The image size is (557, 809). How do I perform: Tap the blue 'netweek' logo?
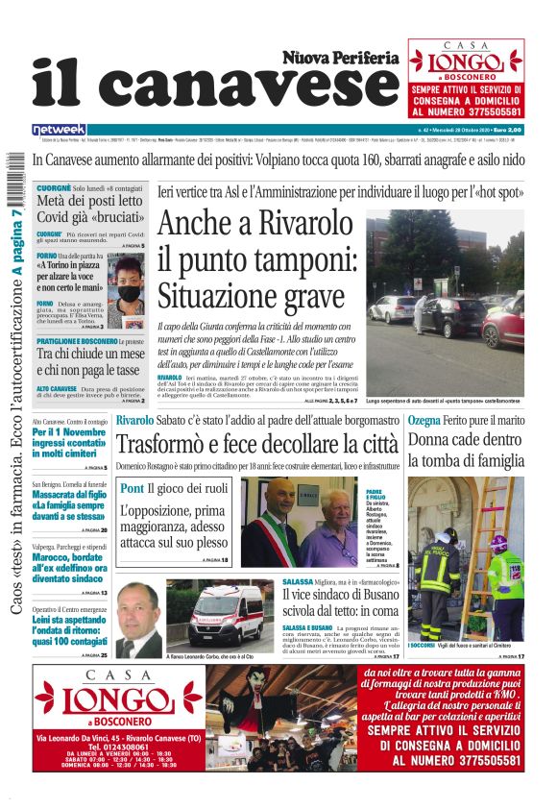(59, 129)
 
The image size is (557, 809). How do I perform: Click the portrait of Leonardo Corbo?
(139, 619)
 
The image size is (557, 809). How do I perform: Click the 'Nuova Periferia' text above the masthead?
(340, 58)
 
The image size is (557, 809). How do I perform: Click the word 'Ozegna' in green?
(425, 420)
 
